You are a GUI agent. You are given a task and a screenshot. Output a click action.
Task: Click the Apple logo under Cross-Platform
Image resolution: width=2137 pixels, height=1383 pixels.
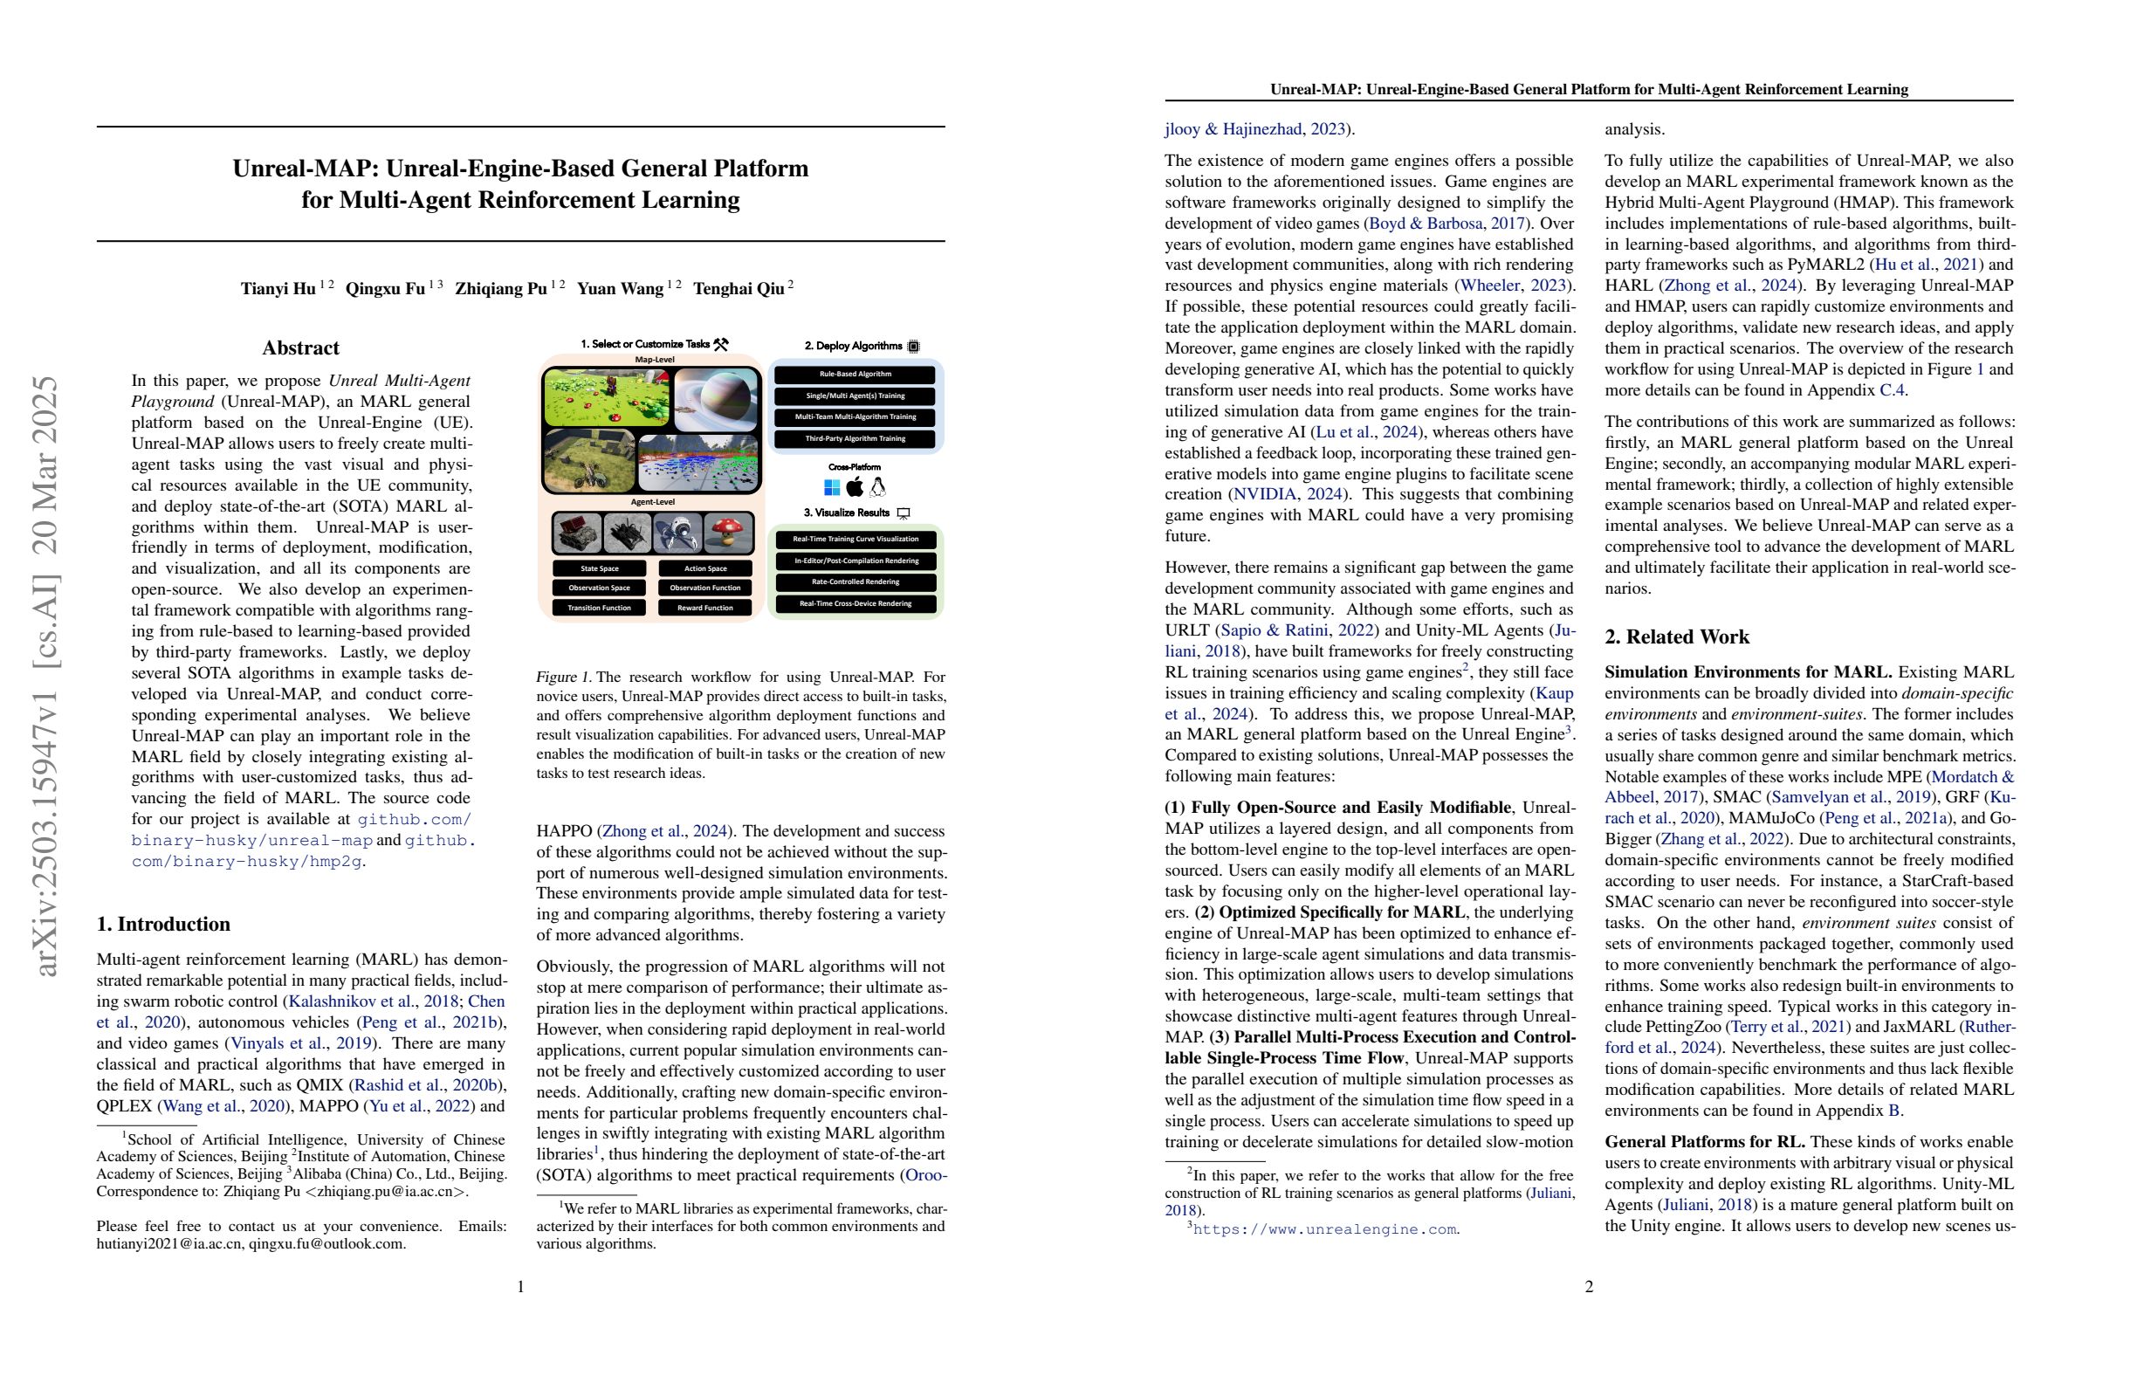(x=855, y=486)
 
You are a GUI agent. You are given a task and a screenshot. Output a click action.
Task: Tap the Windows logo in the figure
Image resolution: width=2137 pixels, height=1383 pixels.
(x=831, y=486)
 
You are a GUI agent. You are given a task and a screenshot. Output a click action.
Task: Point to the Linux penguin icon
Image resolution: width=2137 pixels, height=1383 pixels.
(x=878, y=486)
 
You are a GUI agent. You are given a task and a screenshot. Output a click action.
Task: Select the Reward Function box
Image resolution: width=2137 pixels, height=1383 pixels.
(x=704, y=608)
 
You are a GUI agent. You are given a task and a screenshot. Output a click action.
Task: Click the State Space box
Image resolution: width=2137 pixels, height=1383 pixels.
(x=599, y=568)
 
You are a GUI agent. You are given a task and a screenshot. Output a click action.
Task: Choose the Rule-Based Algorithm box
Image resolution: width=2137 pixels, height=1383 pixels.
(x=855, y=374)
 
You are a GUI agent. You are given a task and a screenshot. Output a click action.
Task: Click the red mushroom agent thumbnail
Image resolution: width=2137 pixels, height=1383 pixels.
(x=728, y=533)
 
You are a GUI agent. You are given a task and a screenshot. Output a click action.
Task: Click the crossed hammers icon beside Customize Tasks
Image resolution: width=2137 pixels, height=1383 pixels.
(x=720, y=344)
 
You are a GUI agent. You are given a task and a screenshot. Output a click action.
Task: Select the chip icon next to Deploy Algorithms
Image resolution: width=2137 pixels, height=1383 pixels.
(x=914, y=346)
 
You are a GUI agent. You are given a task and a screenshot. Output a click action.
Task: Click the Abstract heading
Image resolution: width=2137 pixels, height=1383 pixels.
(x=301, y=348)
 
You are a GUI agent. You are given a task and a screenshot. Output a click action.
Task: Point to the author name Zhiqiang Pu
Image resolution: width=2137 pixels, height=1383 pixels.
(x=501, y=288)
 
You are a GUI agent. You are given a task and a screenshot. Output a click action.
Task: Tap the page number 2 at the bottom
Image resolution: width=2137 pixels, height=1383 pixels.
(x=1589, y=1287)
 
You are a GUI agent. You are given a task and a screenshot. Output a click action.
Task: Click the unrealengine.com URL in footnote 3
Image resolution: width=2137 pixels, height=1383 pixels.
(x=1323, y=1229)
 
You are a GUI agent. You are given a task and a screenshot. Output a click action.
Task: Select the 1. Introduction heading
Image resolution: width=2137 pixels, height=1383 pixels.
(x=163, y=924)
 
